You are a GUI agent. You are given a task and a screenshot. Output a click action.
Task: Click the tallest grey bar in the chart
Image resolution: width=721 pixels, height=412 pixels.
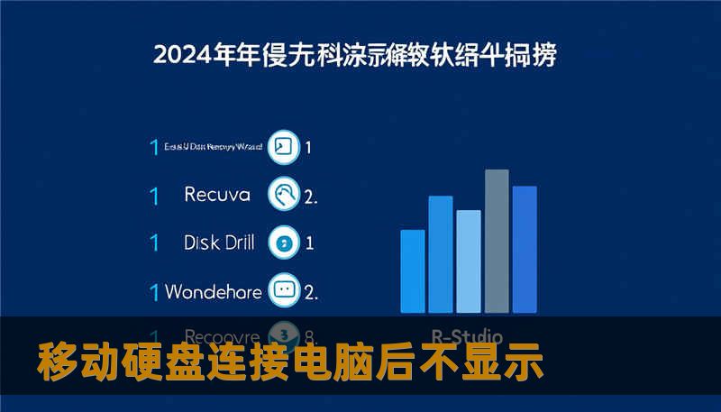tap(497, 240)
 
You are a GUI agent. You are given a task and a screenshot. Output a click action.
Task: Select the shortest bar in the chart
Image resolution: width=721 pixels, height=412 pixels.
tap(412, 270)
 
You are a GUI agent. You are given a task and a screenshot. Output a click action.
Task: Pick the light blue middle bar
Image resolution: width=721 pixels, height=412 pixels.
tap(469, 261)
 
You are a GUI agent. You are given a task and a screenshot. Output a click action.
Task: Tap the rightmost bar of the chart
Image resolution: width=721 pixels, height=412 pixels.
tap(525, 249)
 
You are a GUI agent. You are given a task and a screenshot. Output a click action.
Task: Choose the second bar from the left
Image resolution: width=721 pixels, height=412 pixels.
tap(440, 253)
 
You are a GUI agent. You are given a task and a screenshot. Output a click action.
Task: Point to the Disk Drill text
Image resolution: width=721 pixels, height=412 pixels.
tap(219, 243)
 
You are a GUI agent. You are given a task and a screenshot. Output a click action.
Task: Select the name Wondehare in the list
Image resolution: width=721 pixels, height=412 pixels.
tap(214, 291)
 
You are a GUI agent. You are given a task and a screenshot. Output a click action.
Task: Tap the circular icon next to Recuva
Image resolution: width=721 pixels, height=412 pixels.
tap(284, 194)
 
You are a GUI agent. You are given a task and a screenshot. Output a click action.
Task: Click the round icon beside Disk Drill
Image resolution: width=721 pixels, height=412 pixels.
tap(284, 243)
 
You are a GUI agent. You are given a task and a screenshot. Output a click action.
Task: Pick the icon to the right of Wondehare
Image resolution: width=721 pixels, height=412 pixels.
tap(284, 291)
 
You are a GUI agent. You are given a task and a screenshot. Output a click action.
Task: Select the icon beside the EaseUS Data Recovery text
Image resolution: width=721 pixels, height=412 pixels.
tap(284, 147)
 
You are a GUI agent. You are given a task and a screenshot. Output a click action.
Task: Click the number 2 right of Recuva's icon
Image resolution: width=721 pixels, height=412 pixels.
tap(309, 195)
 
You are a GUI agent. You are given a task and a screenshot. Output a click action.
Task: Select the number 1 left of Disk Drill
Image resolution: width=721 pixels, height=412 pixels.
tap(154, 243)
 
